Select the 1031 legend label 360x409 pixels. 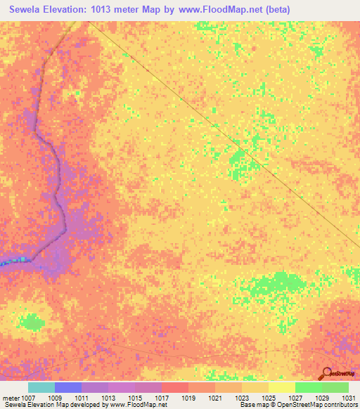tap(348, 398)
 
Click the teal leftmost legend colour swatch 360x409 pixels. tap(41, 387)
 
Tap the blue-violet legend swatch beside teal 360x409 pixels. tap(67, 387)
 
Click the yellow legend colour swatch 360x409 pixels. tap(281, 387)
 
